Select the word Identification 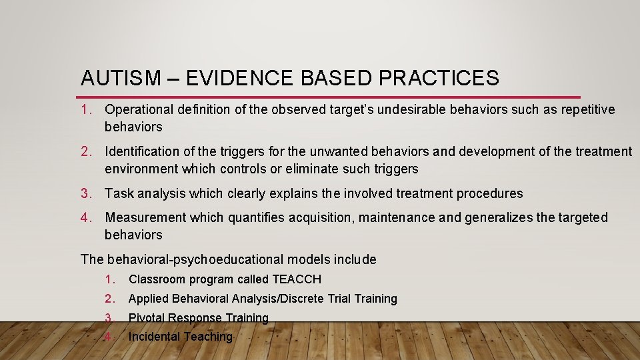(139, 152)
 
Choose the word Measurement (145, 217)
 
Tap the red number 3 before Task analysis (85, 193)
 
